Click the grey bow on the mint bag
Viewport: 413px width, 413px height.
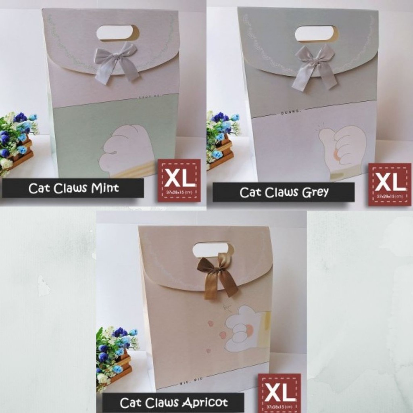coord(116,60)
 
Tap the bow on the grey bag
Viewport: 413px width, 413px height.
coord(315,65)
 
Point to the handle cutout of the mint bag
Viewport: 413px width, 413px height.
coord(118,33)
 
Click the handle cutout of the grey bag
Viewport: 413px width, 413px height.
coord(317,34)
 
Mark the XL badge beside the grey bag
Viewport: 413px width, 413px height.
coord(389,184)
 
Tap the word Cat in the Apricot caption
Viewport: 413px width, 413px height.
coord(129,403)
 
